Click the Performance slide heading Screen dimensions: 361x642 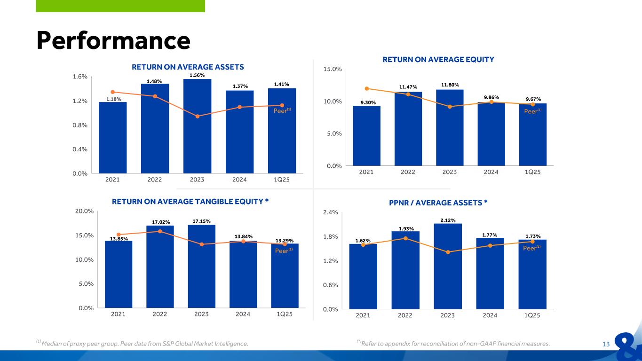(x=113, y=41)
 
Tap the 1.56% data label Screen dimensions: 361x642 (x=197, y=75)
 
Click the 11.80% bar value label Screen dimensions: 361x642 (x=450, y=85)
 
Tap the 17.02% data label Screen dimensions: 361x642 (x=161, y=222)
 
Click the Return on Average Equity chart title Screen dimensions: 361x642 (x=438, y=60)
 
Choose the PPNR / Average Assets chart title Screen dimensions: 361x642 (x=438, y=203)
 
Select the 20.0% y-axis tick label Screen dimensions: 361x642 (x=85, y=211)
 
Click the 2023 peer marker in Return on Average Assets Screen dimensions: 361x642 (x=198, y=116)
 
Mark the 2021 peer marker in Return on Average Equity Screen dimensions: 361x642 (x=367, y=88)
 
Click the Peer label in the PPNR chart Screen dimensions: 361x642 (x=531, y=248)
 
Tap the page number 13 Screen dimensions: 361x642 (x=606, y=344)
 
